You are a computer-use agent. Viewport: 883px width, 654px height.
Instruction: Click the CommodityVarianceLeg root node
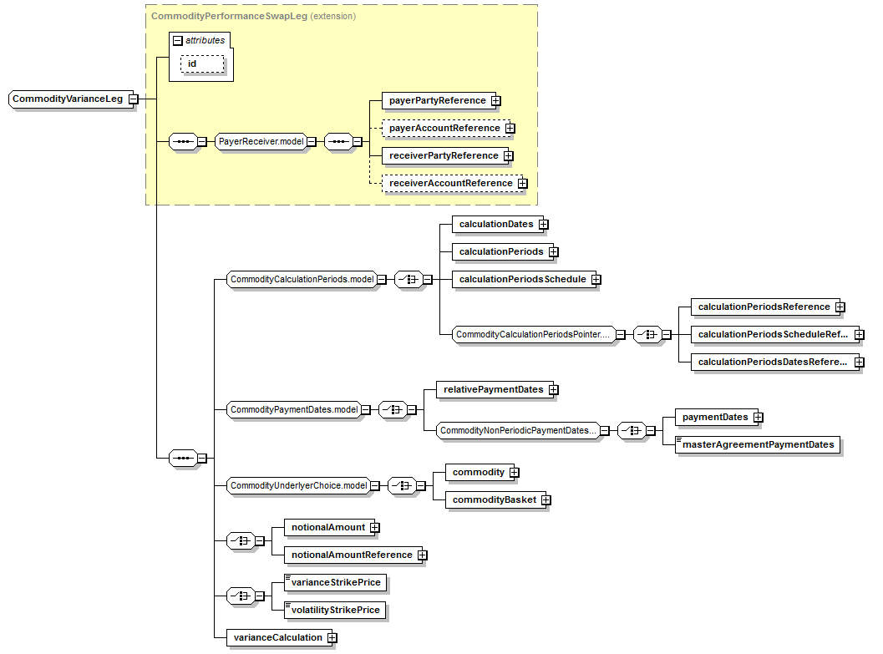(68, 99)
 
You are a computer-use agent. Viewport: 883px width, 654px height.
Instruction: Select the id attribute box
(202, 64)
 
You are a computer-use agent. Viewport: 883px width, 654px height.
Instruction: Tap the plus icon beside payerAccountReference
(510, 129)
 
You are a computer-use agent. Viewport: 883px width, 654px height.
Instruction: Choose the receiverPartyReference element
(443, 155)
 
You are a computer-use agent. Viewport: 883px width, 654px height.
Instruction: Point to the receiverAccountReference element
(450, 183)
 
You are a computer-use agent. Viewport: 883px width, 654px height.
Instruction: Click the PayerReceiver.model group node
(260, 141)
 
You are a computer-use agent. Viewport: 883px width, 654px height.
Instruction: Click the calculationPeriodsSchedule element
(522, 279)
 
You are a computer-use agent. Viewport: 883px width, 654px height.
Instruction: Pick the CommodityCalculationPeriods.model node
(302, 280)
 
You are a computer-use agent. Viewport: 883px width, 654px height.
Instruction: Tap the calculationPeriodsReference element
(764, 307)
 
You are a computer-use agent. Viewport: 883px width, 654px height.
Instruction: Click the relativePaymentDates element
(493, 389)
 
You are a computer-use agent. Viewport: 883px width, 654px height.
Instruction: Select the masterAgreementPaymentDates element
(758, 444)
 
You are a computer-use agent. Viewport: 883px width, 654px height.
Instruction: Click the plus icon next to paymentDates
(759, 418)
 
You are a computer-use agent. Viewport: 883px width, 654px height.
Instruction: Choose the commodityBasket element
(493, 499)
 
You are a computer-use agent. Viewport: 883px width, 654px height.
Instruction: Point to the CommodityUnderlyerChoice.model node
(298, 485)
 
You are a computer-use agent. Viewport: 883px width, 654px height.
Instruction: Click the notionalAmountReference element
(351, 555)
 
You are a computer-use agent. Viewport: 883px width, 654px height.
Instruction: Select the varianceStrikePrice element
(337, 582)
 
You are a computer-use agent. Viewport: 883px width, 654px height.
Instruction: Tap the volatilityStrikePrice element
(336, 610)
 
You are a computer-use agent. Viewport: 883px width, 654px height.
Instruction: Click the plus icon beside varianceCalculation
(332, 638)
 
